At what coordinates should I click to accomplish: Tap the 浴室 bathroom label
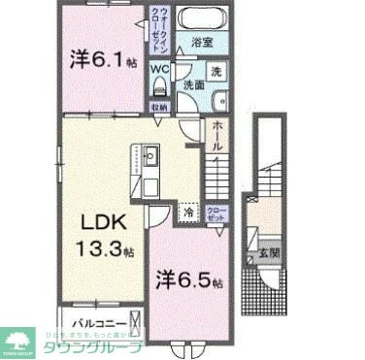click(202, 44)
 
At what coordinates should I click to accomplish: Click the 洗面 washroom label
click(193, 86)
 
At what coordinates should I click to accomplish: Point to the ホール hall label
click(218, 136)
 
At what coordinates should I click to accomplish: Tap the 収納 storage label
click(157, 107)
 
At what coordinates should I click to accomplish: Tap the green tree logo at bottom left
click(19, 342)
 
